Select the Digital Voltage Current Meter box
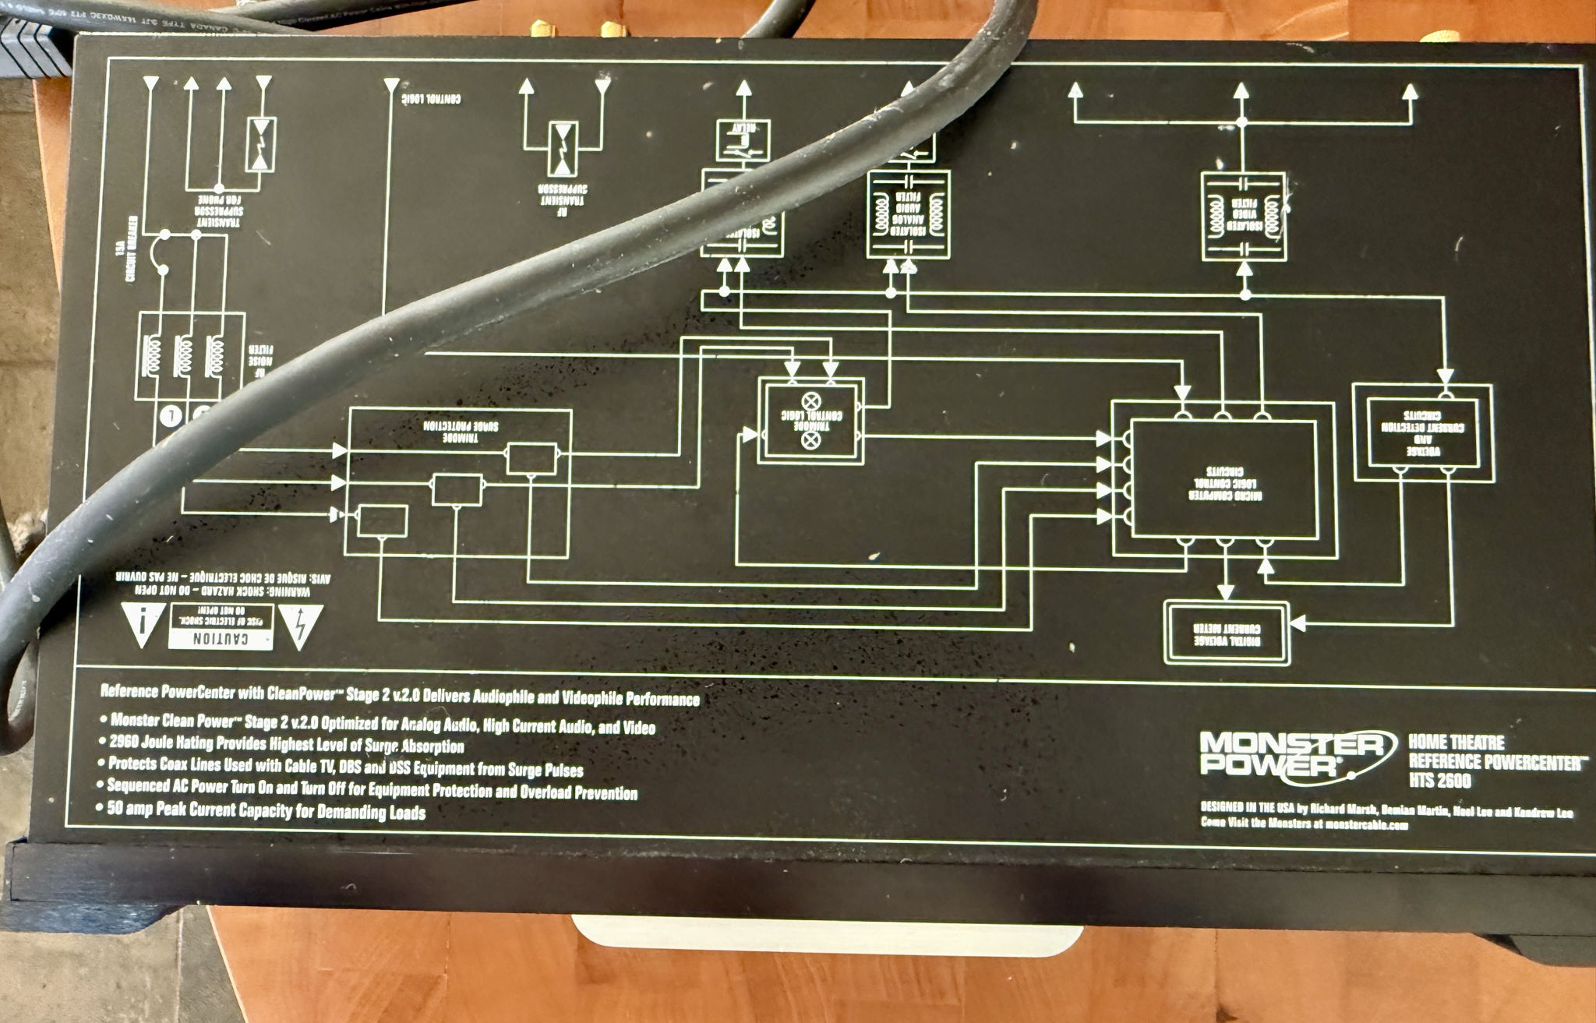(x=1227, y=633)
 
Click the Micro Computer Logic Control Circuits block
(x=1223, y=479)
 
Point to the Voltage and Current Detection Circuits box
(x=1423, y=432)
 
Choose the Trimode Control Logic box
(x=811, y=422)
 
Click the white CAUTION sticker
(x=221, y=627)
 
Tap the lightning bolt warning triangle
(x=300, y=623)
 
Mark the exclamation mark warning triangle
(x=143, y=623)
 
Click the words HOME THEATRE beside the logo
(x=1455, y=743)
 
